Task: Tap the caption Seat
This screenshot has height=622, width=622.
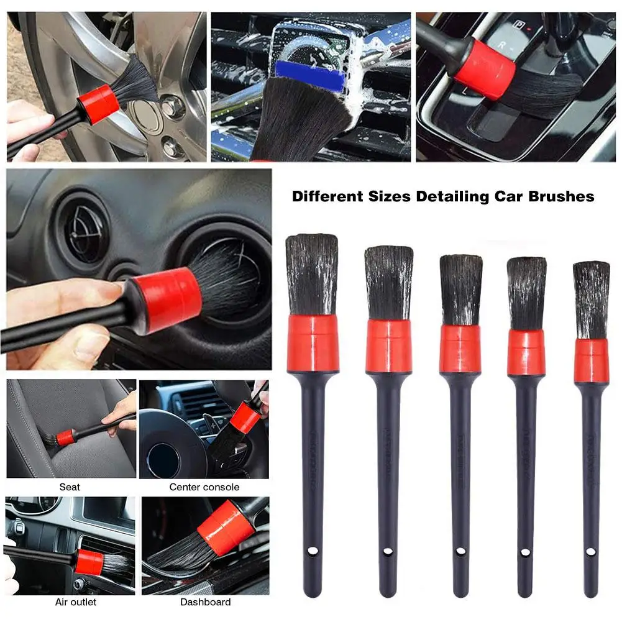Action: click(x=70, y=487)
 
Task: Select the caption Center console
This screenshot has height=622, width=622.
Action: click(x=204, y=487)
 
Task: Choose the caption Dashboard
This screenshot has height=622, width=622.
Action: click(x=205, y=602)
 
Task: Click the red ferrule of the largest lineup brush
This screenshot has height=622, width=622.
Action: click(x=313, y=343)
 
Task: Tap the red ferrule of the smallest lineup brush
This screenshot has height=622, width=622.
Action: click(x=591, y=360)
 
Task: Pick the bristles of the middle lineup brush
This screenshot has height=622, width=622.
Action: click(x=460, y=289)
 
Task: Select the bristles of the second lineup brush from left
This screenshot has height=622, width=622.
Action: click(x=388, y=283)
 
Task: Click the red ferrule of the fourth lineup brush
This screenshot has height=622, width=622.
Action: click(x=526, y=352)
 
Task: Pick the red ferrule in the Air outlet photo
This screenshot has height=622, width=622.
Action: click(x=90, y=562)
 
